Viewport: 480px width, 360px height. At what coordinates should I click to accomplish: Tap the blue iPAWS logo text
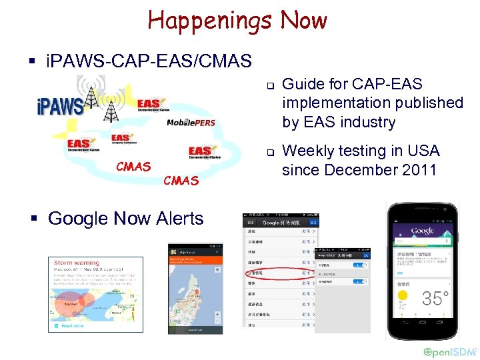tap(59, 106)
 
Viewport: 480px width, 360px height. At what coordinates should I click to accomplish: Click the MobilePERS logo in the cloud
tap(191, 123)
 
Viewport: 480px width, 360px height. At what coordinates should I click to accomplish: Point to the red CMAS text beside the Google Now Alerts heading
tap(181, 180)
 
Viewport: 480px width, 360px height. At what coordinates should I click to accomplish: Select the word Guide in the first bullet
tap(301, 84)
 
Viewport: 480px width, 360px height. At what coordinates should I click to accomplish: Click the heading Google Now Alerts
tap(126, 218)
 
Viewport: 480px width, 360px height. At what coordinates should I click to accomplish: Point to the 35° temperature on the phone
tap(435, 298)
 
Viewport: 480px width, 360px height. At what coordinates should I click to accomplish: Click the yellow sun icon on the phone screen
tap(402, 295)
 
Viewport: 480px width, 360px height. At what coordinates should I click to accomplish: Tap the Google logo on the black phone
tap(423, 231)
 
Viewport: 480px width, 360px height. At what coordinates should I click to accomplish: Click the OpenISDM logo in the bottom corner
tap(449, 351)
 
